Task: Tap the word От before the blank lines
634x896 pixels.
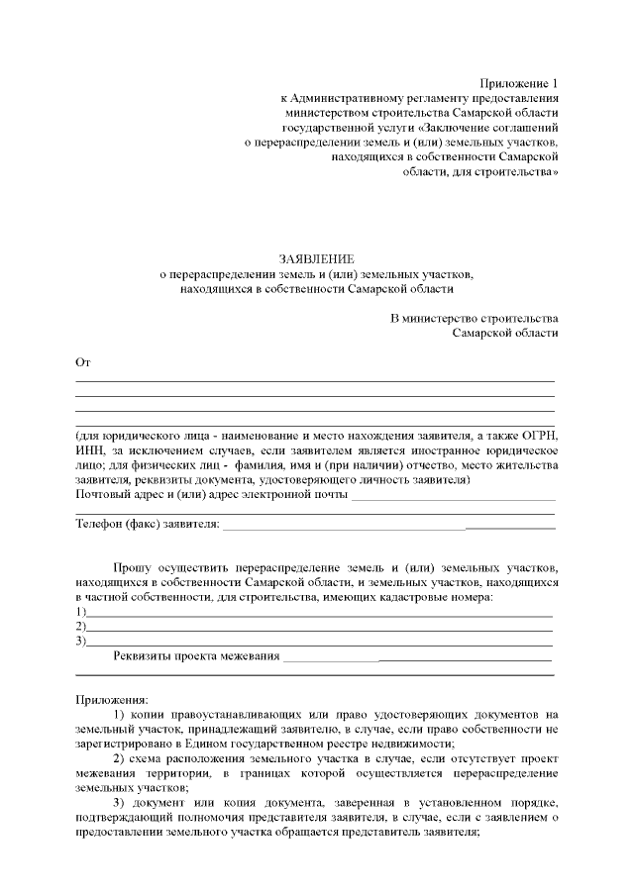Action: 83,363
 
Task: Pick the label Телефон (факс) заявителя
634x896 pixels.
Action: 147,523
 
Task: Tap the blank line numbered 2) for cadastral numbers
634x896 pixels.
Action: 319,628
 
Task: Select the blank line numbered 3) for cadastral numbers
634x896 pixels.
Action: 319,643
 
